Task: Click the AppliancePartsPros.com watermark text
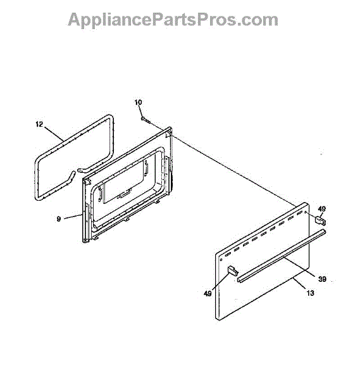point(173,20)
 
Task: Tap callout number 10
point(138,103)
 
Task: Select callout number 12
point(39,124)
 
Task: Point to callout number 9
point(59,219)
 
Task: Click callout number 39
point(322,279)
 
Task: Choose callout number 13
point(310,293)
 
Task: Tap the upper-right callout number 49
point(322,209)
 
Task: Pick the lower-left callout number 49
point(208,294)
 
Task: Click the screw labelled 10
point(145,120)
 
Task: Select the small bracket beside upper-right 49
point(320,221)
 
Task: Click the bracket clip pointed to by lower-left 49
point(232,270)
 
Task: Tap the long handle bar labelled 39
point(282,256)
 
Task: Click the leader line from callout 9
point(71,217)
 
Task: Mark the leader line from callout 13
point(299,284)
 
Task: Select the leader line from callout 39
point(299,267)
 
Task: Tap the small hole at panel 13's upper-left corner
point(221,260)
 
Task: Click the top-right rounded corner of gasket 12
point(110,118)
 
